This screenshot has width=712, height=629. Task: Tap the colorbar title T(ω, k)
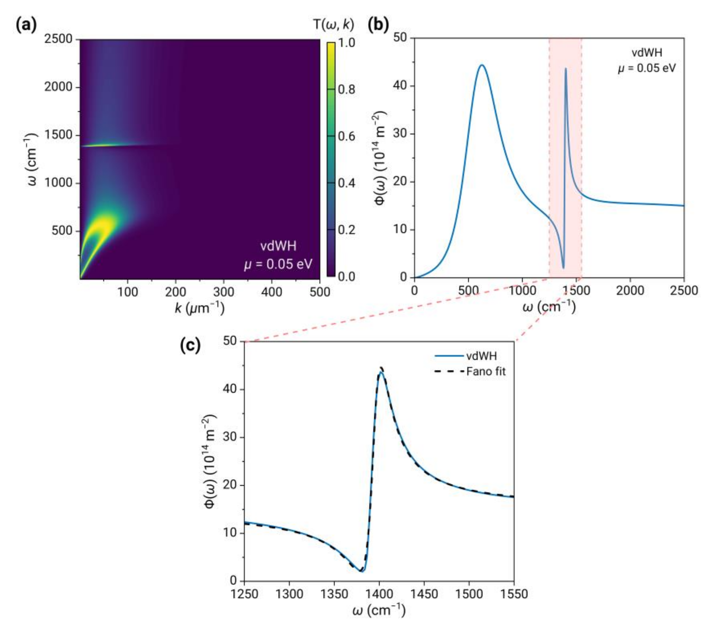(x=333, y=25)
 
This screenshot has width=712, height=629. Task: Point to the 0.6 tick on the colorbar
(x=346, y=136)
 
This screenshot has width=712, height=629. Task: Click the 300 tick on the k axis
(x=223, y=292)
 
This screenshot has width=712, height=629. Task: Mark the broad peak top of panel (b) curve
(x=482, y=66)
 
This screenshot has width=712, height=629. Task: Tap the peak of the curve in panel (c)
(x=381, y=372)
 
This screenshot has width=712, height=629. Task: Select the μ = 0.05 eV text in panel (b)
(x=646, y=68)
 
